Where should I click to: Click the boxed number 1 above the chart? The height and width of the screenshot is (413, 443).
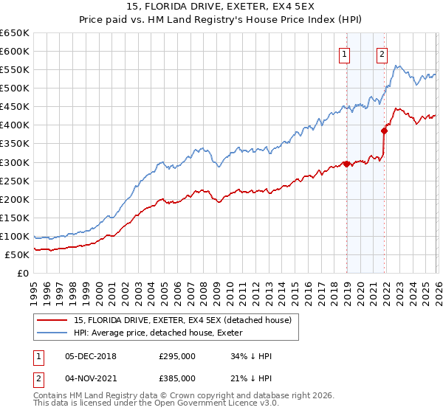(345, 53)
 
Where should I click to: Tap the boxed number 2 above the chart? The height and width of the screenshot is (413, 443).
(382, 53)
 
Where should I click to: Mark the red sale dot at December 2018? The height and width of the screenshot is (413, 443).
(346, 164)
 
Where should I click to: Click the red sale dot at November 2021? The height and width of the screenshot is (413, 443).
(384, 131)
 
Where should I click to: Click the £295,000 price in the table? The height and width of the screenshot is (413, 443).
(178, 356)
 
